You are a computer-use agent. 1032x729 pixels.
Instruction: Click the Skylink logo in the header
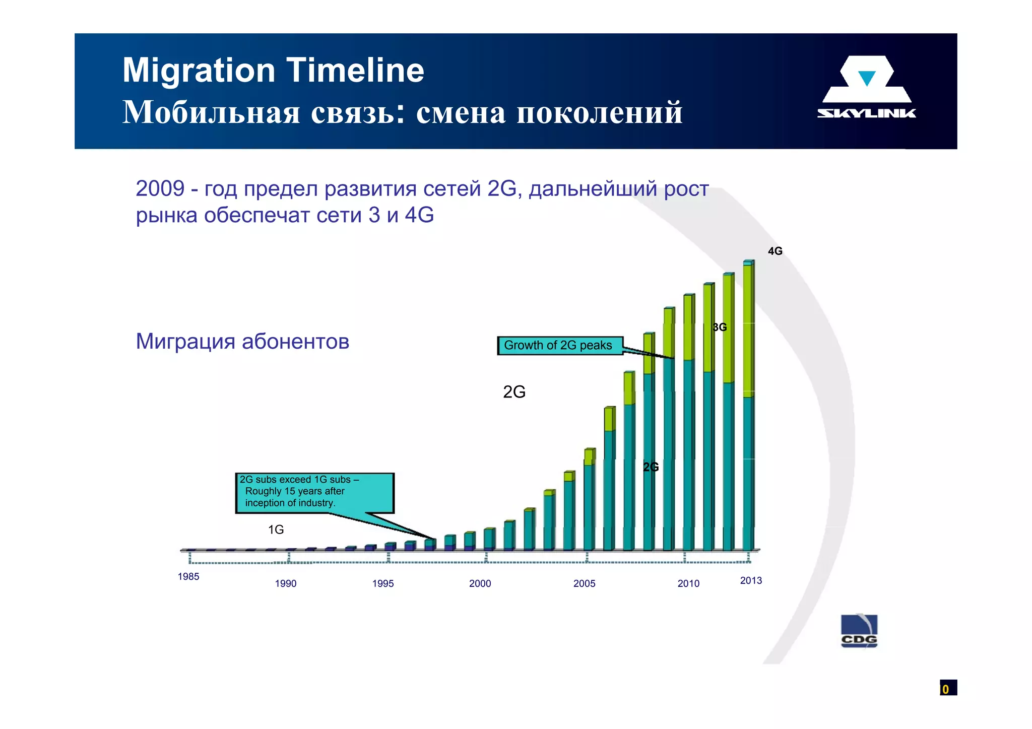click(866, 87)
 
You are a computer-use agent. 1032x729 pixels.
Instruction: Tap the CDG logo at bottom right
click(859, 631)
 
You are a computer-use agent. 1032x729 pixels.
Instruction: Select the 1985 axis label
click(188, 576)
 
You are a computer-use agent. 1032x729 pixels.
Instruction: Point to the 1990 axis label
click(286, 583)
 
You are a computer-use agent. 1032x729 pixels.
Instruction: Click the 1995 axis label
click(383, 583)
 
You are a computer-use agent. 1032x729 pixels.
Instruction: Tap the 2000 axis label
click(480, 583)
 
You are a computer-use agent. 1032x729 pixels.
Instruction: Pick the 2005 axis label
click(585, 583)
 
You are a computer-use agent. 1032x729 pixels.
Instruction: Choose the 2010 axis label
click(688, 583)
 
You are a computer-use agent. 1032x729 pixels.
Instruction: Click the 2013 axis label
click(751, 580)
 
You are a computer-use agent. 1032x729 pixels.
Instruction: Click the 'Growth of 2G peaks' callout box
click(560, 346)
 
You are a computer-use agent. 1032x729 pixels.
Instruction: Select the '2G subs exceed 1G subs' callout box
click(314, 492)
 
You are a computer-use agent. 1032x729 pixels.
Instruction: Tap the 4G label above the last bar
click(775, 251)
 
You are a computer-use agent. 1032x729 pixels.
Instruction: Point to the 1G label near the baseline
click(276, 529)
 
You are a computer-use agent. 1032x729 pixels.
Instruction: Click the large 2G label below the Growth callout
click(514, 392)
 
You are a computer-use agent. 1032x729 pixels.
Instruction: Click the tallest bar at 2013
click(748, 403)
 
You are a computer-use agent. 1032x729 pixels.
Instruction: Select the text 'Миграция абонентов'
click(242, 342)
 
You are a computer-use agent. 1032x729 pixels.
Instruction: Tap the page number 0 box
click(947, 688)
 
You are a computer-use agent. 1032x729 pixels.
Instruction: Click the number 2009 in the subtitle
click(160, 189)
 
